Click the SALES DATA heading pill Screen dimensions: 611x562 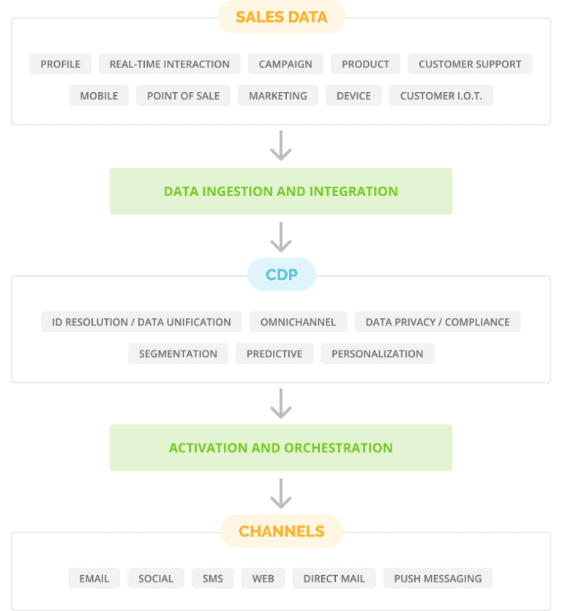pos(281,17)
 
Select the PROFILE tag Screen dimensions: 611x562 pos(61,64)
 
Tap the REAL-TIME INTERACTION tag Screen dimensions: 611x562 pos(169,64)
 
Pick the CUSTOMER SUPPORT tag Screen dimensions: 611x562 pos(470,64)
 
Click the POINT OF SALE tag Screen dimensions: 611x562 pos(183,96)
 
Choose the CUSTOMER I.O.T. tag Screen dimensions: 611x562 pos(441,96)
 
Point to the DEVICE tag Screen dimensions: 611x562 pos(353,96)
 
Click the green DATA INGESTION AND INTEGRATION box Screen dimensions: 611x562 pos(281,192)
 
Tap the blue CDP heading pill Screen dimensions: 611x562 pos(281,275)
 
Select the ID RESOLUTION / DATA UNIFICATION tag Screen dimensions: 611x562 pos(141,322)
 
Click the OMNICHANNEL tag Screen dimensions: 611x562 pos(298,322)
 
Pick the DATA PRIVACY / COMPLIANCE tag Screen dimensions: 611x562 pos(438,322)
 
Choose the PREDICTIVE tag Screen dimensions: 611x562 pos(274,353)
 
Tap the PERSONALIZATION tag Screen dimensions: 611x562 pos(378,353)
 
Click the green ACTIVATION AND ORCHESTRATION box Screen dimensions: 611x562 pos(281,448)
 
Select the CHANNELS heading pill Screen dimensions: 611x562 pos(281,531)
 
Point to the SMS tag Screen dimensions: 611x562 pos(213,578)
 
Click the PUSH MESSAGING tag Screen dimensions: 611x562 pos(438,578)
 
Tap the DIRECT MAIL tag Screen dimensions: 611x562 pos(334,578)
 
